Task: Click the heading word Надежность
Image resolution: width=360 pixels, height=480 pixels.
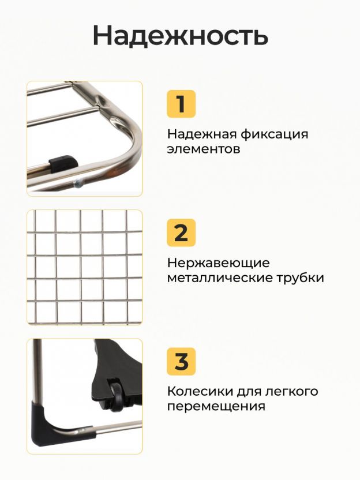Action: pyautogui.click(x=181, y=36)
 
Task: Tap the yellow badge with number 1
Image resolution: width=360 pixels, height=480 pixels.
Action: pyautogui.click(x=181, y=104)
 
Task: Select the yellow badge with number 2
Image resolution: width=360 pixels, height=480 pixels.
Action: pyautogui.click(x=181, y=232)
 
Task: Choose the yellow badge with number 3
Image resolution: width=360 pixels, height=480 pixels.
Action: pyautogui.click(x=181, y=361)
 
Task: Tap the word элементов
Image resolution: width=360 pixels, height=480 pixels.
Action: pyautogui.click(x=204, y=149)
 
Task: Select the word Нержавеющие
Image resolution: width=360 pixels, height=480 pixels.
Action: pyautogui.click(x=219, y=264)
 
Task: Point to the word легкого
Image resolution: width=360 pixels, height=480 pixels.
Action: pyautogui.click(x=292, y=392)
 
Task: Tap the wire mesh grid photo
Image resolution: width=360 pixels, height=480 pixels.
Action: pyautogui.click(x=84, y=267)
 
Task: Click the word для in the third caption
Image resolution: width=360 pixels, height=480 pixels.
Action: pyautogui.click(x=247, y=392)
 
